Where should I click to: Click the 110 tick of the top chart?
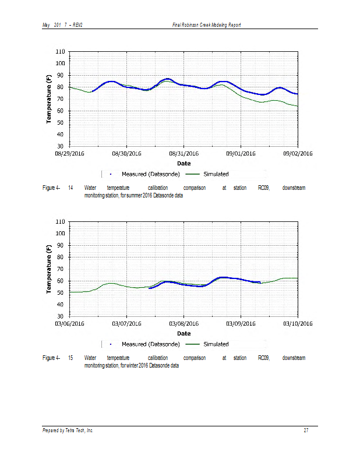(60, 52)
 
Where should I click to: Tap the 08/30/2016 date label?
(127, 154)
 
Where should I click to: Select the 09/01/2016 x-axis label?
(241, 154)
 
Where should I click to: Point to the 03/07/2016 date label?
(127, 324)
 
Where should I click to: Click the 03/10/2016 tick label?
(298, 324)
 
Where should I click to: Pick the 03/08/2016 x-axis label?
(184, 324)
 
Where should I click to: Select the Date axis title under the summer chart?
(183, 164)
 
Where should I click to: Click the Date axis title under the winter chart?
(183, 334)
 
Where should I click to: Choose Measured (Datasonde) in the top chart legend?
(150, 174)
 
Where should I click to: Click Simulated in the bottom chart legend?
(216, 344)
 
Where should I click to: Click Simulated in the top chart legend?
(216, 174)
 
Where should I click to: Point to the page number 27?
(306, 430)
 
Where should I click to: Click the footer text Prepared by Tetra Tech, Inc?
(68, 430)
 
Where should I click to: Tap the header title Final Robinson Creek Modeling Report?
(207, 24)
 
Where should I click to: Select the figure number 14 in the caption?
(70, 188)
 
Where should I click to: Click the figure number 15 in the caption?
(70, 358)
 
